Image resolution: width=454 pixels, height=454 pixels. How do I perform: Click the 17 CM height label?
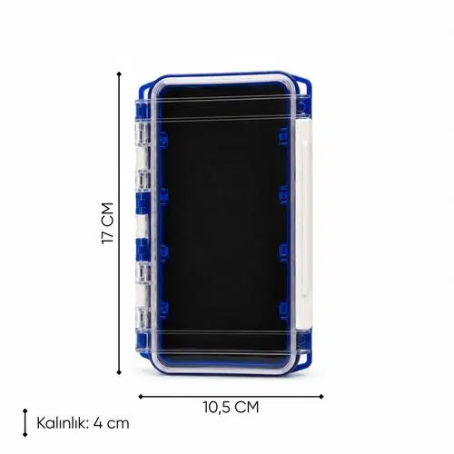click(107, 223)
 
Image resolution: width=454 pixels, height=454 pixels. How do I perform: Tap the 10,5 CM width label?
click(231, 407)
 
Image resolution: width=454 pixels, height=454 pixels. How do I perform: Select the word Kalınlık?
click(63, 423)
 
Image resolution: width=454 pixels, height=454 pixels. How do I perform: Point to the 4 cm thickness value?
click(112, 423)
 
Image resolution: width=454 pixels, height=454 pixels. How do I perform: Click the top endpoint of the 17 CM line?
click(119, 74)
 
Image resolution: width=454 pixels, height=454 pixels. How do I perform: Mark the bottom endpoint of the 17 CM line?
click(119, 372)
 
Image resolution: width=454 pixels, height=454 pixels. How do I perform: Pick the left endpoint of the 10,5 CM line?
click(140, 396)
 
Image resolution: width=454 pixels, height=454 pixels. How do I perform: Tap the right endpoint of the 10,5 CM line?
click(321, 396)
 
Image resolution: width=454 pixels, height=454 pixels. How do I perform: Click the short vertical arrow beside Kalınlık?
click(25, 423)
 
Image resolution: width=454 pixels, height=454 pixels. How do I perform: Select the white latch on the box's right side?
click(303, 224)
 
